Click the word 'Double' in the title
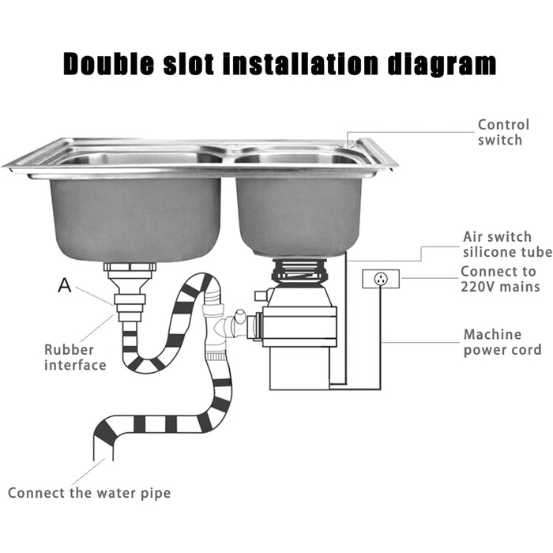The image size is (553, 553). (109, 64)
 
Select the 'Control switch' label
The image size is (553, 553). (503, 132)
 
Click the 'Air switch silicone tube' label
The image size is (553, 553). (507, 244)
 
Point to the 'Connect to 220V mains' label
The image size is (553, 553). (500, 279)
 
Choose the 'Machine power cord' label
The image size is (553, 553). (502, 342)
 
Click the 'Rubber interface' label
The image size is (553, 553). (75, 357)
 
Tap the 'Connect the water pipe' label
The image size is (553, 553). (89, 493)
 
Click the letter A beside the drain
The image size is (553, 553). (65, 285)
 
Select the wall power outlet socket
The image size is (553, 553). (381, 279)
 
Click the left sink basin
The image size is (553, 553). (136, 219)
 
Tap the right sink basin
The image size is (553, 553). (299, 216)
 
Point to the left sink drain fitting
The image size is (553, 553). (130, 292)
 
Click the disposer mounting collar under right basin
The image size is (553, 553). (299, 270)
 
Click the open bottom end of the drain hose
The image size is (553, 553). (103, 458)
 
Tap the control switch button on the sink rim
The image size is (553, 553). (351, 145)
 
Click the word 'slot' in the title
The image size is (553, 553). (189, 64)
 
